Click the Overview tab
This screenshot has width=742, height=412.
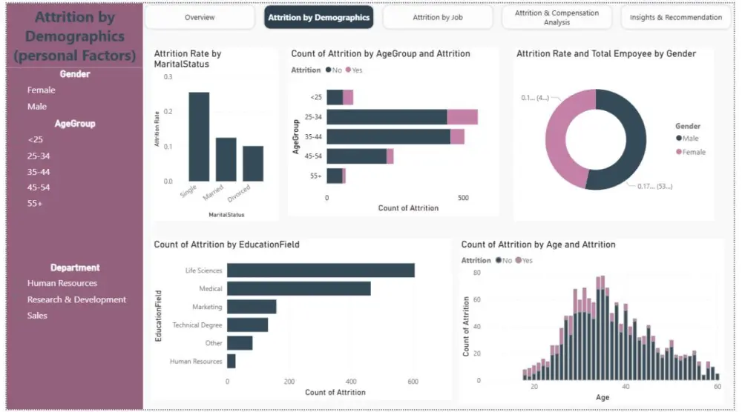[x=200, y=17]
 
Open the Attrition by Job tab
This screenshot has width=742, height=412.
[x=438, y=17]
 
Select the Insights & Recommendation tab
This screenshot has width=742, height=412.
[x=675, y=17]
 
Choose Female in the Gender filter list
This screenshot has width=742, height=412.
[x=42, y=90]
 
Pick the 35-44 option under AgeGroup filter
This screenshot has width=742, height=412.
[x=39, y=172]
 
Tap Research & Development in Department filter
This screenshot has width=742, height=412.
[x=76, y=299]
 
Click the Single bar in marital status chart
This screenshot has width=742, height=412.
[x=199, y=136]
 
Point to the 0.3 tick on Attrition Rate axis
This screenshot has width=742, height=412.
[x=168, y=77]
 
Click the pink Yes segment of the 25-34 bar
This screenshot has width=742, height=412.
[x=462, y=117]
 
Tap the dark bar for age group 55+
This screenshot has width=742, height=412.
[x=335, y=176]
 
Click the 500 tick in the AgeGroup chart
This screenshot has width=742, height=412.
[x=463, y=198]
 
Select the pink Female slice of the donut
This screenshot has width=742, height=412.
[x=562, y=133]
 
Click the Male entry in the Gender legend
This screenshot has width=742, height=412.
[x=690, y=139]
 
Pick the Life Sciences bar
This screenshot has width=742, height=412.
[x=321, y=270]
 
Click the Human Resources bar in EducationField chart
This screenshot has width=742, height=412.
[x=232, y=361]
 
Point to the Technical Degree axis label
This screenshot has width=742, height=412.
[x=197, y=325]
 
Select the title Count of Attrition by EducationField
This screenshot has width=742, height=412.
[x=226, y=245]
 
